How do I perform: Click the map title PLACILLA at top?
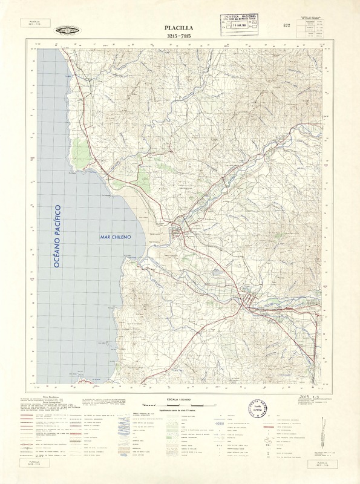[x=180, y=28]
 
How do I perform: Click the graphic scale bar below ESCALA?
[x=180, y=407]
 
